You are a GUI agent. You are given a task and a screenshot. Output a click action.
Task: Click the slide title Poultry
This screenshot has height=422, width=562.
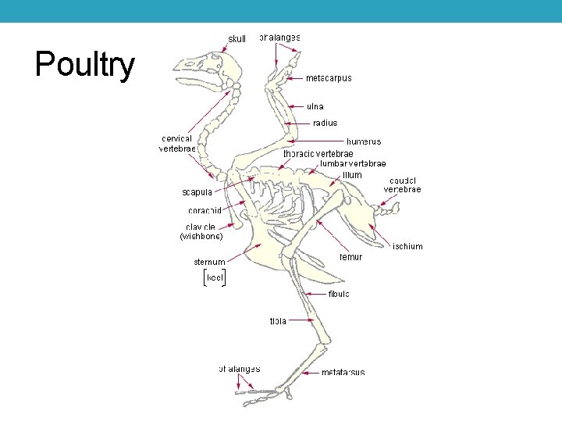[x=84, y=65]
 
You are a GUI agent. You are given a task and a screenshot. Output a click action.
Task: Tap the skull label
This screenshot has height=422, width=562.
[x=237, y=39]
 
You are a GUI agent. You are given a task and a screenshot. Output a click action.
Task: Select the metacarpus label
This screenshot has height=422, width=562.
[x=329, y=78]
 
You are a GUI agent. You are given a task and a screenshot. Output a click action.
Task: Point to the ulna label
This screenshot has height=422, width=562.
[x=315, y=106]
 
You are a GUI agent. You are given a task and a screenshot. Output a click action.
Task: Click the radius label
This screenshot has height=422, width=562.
[x=325, y=123]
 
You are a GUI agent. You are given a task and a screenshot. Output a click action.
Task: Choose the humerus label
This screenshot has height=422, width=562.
[x=364, y=141]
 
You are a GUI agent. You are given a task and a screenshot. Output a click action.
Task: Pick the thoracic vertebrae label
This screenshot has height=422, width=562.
[x=318, y=153]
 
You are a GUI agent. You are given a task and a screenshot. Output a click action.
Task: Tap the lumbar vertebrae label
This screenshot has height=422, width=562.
[x=353, y=164]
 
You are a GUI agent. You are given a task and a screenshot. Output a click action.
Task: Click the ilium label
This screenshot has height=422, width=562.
[x=352, y=175]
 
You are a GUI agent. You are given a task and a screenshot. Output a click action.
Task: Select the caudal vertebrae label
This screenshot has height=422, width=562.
[x=402, y=185]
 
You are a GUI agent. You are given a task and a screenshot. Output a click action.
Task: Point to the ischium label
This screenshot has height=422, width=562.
[x=407, y=246]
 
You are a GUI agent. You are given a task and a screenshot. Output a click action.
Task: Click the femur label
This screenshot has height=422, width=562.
[x=351, y=256]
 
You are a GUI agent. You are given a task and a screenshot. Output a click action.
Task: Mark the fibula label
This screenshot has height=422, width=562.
[x=339, y=294]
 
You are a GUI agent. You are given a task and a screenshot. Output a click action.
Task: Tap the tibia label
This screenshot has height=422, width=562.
[x=278, y=320]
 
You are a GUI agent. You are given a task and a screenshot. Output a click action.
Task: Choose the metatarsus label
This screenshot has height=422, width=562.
[x=343, y=373]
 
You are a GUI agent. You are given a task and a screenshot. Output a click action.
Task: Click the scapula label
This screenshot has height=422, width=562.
[x=197, y=192]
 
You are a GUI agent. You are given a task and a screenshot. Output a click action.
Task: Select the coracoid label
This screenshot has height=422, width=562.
[x=205, y=210]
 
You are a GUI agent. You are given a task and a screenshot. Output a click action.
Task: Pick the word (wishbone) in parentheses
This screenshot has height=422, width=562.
[x=201, y=236]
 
